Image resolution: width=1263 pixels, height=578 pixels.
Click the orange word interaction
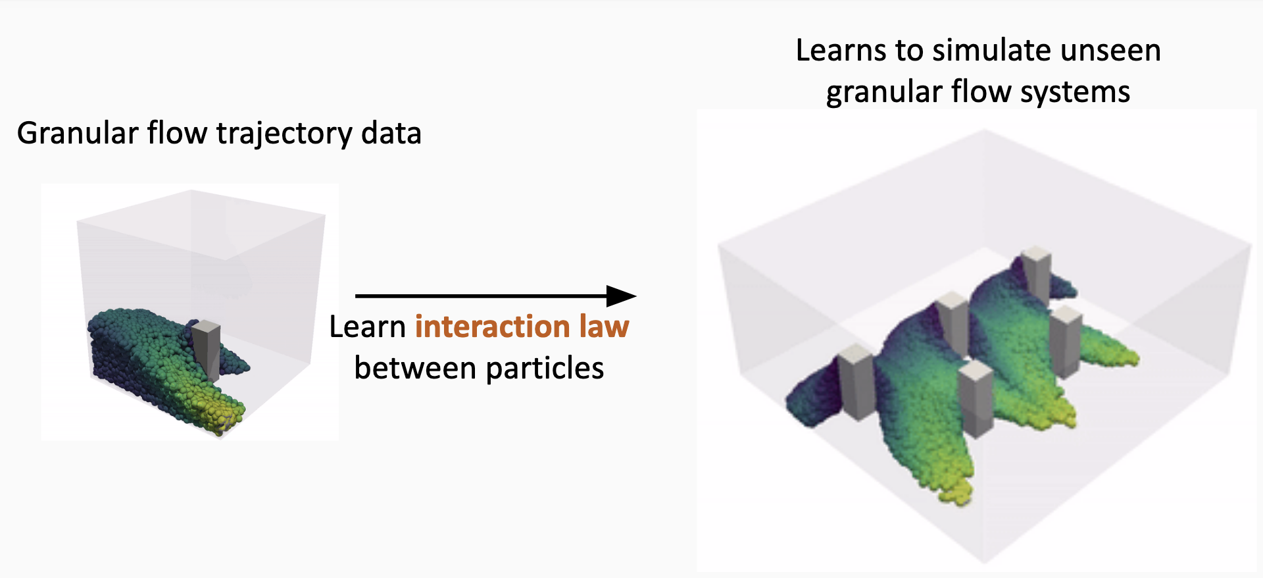point(492,327)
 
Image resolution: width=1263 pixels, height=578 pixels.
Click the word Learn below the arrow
point(367,327)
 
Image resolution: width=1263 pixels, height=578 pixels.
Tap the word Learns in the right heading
point(840,51)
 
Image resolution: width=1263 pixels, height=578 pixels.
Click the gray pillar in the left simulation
point(207,349)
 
